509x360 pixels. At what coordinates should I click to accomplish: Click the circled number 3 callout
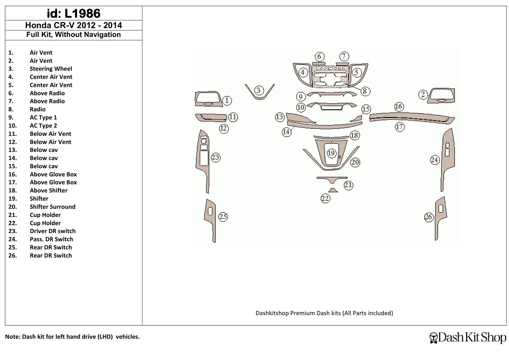point(258,90)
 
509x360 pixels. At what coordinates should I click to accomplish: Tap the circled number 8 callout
point(365,91)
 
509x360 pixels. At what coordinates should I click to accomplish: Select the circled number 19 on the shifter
point(331,153)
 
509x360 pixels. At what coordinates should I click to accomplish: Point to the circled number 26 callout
point(429,217)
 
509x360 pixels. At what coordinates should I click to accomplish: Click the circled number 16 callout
point(399,106)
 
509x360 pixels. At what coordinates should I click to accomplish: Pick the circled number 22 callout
point(325,198)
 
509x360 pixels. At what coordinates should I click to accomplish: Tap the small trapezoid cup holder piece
point(333,190)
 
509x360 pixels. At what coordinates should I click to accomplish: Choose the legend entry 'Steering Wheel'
point(51,69)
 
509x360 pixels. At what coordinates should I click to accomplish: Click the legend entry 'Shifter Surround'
point(52,207)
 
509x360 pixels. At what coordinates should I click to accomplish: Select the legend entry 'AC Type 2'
point(43,126)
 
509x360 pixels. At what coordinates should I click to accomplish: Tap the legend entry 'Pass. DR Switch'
point(51,239)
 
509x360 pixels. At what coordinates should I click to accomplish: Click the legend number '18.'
point(12,190)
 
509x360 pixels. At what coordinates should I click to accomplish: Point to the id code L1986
point(82,13)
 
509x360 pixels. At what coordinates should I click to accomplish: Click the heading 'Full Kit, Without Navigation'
point(73,35)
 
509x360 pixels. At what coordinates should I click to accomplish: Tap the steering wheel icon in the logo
point(434,338)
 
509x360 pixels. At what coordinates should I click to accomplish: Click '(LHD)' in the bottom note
point(105,336)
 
